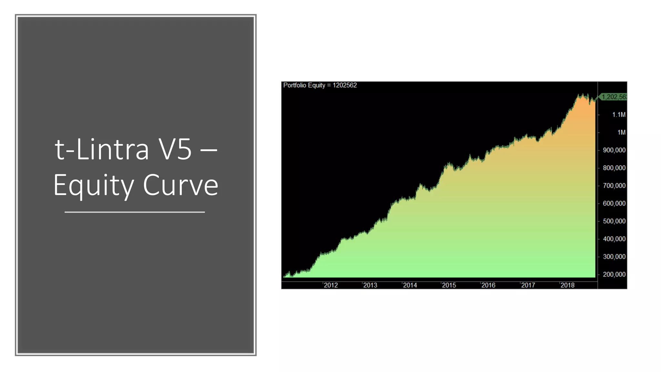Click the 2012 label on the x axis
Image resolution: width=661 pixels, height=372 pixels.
tap(331, 285)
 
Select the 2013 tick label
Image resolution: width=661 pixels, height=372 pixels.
tap(370, 285)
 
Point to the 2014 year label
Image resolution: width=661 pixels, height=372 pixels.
tap(410, 285)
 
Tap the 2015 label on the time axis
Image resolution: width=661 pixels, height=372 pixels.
tap(449, 285)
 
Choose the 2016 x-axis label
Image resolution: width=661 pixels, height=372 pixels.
tap(488, 285)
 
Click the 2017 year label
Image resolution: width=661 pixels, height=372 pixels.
tap(528, 285)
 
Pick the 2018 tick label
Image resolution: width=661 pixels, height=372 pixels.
tap(567, 285)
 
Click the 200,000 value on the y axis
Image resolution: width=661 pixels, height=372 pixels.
tap(614, 274)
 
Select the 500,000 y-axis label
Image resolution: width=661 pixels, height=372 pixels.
tap(614, 221)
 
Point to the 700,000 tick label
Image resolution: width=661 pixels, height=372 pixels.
tap(614, 186)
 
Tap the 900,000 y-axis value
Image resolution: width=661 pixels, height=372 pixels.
tap(614, 150)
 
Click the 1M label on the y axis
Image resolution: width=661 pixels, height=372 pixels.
tap(621, 132)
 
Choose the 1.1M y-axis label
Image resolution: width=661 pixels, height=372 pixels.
tap(619, 115)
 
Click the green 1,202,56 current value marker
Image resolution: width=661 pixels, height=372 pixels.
tap(613, 97)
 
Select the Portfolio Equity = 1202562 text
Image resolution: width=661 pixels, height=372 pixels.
tap(320, 85)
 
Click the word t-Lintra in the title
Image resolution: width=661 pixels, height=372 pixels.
tap(102, 149)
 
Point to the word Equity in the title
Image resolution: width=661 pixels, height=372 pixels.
tap(94, 185)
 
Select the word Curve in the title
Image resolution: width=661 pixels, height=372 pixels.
tap(180, 185)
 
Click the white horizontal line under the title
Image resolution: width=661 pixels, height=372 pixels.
tap(135, 212)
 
